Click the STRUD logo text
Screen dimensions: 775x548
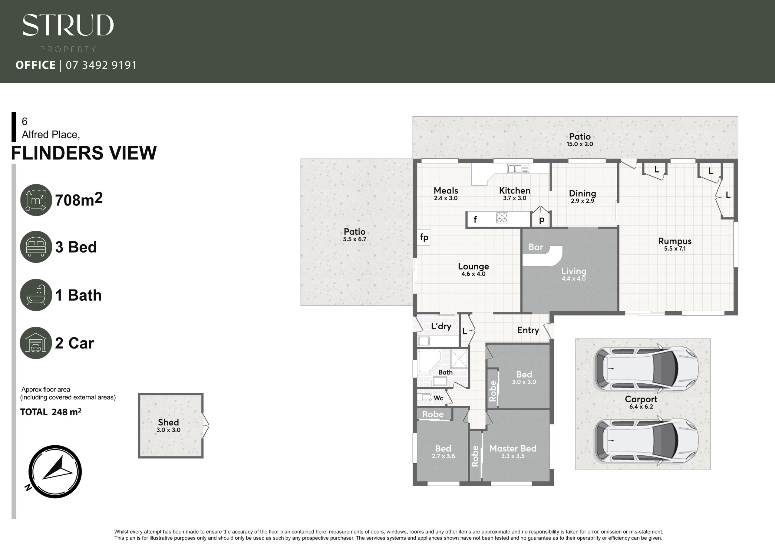click(x=68, y=25)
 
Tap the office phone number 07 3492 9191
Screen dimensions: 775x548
click(x=101, y=65)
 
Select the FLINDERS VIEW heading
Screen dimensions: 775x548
click(x=84, y=153)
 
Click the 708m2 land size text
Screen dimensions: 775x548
click(x=79, y=199)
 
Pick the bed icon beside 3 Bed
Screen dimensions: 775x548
click(x=36, y=247)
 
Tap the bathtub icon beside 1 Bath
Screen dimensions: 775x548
click(x=36, y=295)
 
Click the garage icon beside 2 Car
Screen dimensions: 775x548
click(x=36, y=343)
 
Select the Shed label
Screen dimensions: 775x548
click(x=168, y=422)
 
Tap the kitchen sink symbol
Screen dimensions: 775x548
click(x=518, y=168)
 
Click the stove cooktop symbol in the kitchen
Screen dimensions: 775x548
click(x=502, y=218)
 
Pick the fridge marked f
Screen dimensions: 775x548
click(x=475, y=220)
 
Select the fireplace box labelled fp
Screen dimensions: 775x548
click(x=424, y=237)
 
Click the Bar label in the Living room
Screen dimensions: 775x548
click(x=536, y=247)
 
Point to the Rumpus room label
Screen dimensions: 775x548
click(x=675, y=241)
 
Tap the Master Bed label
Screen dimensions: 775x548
click(x=513, y=448)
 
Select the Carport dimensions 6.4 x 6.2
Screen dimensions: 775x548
click(x=641, y=407)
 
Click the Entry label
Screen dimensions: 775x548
click(x=528, y=330)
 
